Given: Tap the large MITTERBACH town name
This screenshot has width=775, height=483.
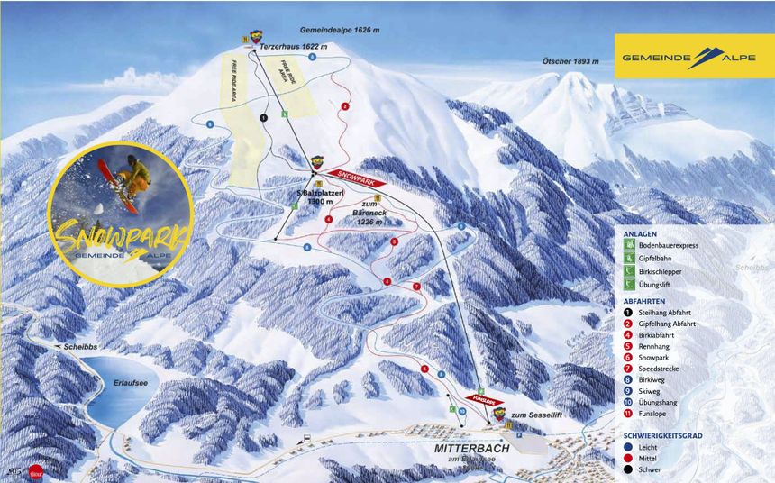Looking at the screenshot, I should [x=471, y=448].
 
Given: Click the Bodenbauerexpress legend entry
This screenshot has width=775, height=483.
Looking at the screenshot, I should [x=675, y=245].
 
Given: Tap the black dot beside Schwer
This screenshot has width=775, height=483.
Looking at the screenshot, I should [x=628, y=469].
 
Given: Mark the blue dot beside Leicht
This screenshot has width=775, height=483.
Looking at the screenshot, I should [x=628, y=447].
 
